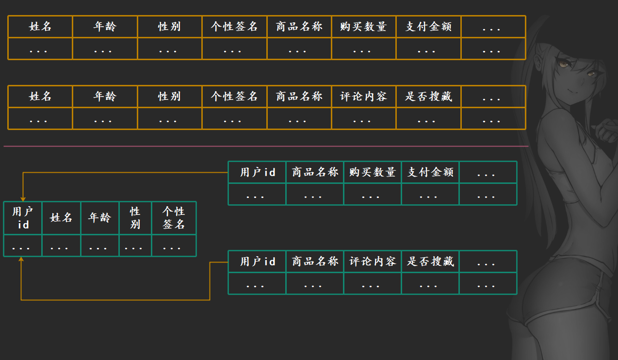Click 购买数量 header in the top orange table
pos(364,27)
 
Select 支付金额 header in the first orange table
pos(428,27)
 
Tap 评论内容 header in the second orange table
pos(364,97)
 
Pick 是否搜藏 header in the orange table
pos(428,97)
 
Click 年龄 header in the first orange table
pos(105,27)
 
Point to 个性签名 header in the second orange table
pos(234,97)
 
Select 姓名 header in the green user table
pos(61,218)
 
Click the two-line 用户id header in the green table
pos(23,218)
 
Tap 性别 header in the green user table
pos(135,218)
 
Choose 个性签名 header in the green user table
pos(174,218)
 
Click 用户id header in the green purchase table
pos(257,172)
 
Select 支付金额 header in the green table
pos(430,172)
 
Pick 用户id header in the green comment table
pos(257,262)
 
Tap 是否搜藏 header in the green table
pos(430,262)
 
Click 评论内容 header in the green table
pos(373,262)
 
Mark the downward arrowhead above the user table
pos(23,198)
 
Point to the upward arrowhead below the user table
pos(21,260)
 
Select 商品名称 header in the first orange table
pos(299,27)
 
